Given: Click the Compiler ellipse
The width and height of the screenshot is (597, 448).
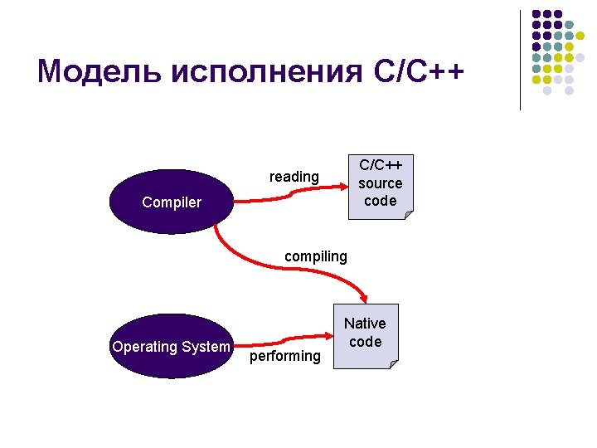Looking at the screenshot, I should [x=172, y=202].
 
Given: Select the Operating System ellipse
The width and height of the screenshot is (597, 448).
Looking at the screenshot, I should [x=172, y=347].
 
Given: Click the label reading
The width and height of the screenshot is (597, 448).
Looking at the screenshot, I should [x=294, y=177].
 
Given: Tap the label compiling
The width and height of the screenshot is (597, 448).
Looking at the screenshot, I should [x=316, y=256].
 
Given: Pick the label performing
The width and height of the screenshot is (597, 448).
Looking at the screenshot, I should [x=284, y=356].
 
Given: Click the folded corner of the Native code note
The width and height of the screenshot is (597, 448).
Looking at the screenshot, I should [x=393, y=363].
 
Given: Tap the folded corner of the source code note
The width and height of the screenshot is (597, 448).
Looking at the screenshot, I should [x=408, y=215].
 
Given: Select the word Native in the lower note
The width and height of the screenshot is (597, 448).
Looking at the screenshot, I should [x=365, y=324].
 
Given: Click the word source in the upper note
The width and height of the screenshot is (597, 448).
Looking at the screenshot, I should [x=381, y=183].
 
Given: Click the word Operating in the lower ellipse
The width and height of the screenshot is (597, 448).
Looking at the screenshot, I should [x=144, y=347].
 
